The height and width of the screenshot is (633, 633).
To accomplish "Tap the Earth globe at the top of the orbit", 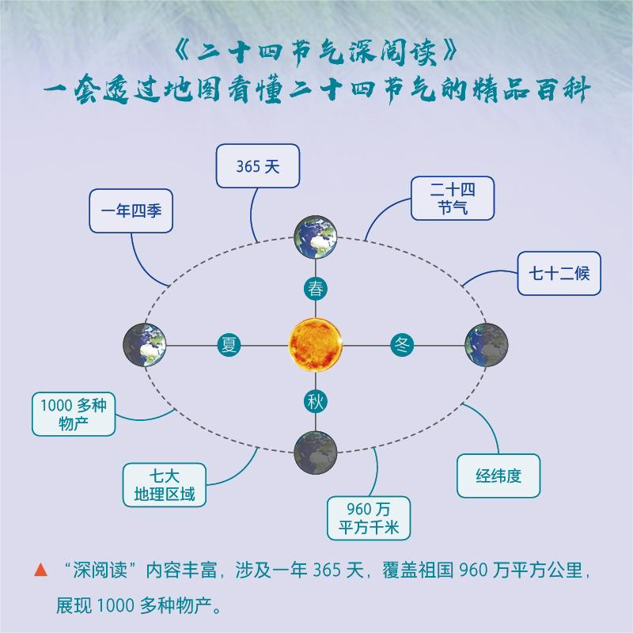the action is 316,236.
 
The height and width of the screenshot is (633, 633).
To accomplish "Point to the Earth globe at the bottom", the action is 316,453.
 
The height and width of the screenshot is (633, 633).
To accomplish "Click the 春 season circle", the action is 316,289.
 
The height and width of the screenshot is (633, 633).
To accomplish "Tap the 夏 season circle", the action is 229,345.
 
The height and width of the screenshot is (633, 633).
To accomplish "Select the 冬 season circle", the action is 402,345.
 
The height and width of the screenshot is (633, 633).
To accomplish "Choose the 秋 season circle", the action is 316,402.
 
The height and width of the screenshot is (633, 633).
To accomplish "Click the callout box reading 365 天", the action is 258,166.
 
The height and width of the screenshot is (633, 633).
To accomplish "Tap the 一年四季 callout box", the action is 131,211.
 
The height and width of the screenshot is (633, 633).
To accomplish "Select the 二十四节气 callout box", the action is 453,198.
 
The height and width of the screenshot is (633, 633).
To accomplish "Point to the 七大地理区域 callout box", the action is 164,485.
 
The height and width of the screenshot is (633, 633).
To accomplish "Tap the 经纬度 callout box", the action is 498,476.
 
